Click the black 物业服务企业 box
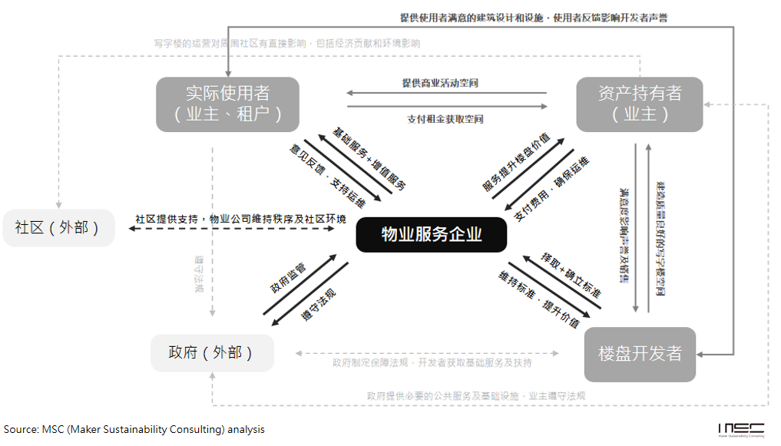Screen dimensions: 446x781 pos(431,234)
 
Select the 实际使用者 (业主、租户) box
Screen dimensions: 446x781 pos(228,104)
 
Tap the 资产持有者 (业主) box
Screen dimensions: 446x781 pos(640,104)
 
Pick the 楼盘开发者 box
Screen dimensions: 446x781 pos(640,354)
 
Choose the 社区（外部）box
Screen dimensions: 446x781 pos(58,228)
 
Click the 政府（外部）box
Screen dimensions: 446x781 pos(211,353)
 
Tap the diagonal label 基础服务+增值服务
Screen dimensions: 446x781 pos(369,158)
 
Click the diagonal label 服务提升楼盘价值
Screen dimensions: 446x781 pos(516,161)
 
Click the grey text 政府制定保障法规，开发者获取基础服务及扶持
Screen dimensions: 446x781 pos(432,362)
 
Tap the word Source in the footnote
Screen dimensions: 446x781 pos(19,429)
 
